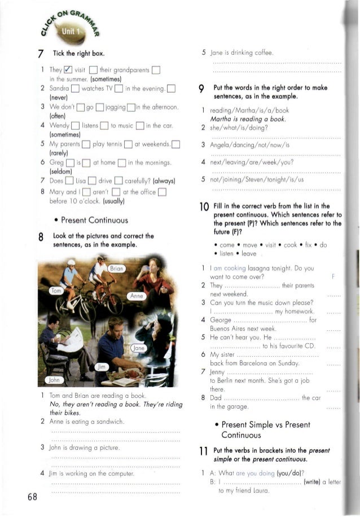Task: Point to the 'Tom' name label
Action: (57, 291)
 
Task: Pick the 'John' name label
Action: (52, 380)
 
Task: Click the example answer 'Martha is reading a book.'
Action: (244, 119)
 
